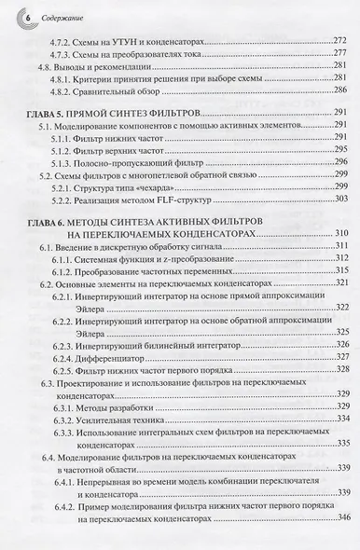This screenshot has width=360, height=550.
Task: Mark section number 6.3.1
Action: tap(64, 407)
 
